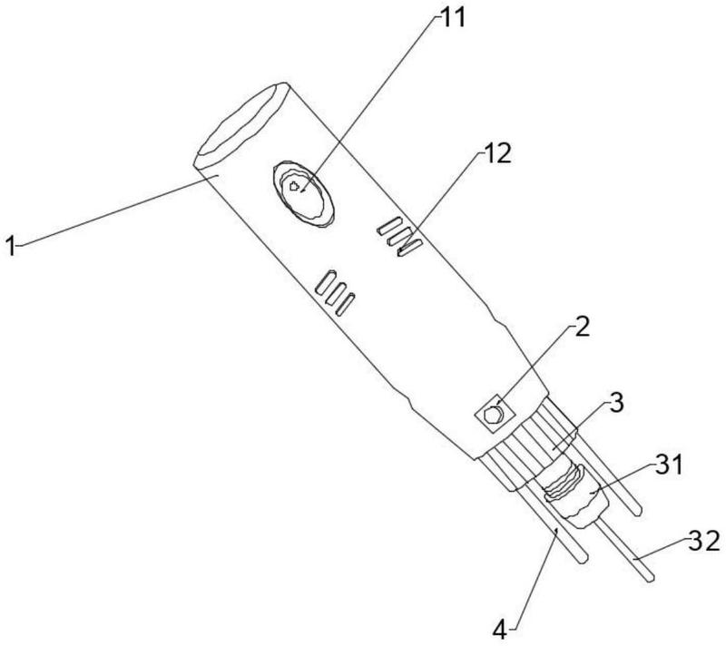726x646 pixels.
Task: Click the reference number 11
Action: [x=452, y=19]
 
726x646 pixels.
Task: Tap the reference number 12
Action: [x=497, y=152]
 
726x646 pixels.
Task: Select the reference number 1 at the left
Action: [x=11, y=245]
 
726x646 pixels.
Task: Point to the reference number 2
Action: [x=582, y=327]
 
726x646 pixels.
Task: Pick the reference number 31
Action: [x=669, y=465]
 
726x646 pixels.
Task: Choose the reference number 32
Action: [x=704, y=541]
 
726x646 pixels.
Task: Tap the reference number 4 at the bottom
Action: [x=500, y=631]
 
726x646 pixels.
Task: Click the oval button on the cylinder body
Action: [x=303, y=194]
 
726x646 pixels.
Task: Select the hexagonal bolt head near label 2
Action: [x=493, y=414]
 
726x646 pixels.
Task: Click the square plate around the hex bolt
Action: [x=495, y=413]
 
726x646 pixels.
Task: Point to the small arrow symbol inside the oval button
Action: [x=294, y=187]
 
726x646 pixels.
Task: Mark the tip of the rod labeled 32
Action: [x=651, y=578]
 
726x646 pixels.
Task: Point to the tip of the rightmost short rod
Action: [x=638, y=512]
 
